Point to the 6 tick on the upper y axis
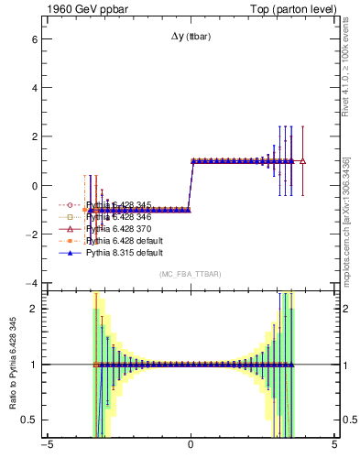point(33,40)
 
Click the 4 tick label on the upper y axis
point(33,89)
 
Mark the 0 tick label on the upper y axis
point(33,186)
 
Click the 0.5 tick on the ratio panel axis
point(28,420)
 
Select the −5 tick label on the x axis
point(46,448)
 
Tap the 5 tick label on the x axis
point(334,448)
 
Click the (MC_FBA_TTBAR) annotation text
point(191,275)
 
